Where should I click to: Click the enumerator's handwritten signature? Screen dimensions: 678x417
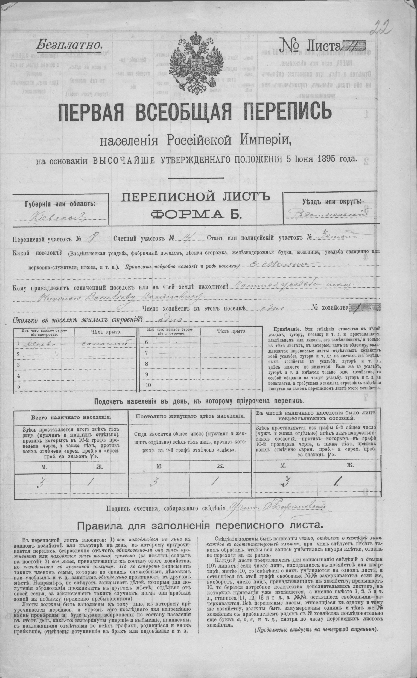click(x=276, y=506)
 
